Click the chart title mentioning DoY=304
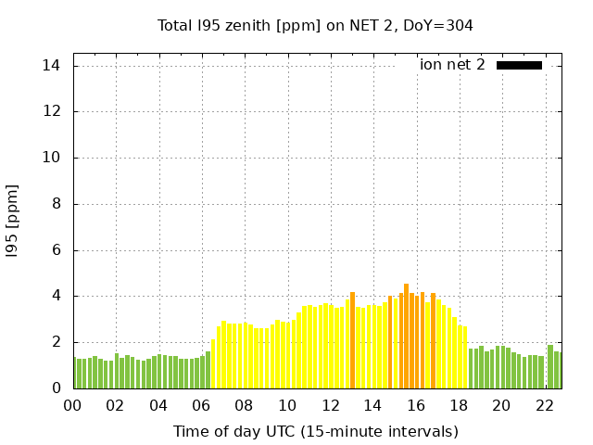(x=315, y=25)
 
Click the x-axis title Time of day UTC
(x=315, y=431)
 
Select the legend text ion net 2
(x=452, y=65)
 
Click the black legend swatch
(x=519, y=65)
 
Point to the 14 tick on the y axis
(x=52, y=66)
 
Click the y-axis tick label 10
(x=52, y=158)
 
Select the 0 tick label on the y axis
(x=57, y=388)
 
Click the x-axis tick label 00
(x=72, y=405)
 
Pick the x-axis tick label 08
(x=244, y=405)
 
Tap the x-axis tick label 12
(x=330, y=405)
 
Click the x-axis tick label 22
(x=545, y=405)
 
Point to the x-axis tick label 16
(x=416, y=405)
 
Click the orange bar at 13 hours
(x=352, y=341)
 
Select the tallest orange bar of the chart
(x=406, y=337)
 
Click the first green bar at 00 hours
(x=75, y=374)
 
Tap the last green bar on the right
(x=558, y=371)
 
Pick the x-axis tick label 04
(x=158, y=405)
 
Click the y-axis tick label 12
(x=52, y=111)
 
